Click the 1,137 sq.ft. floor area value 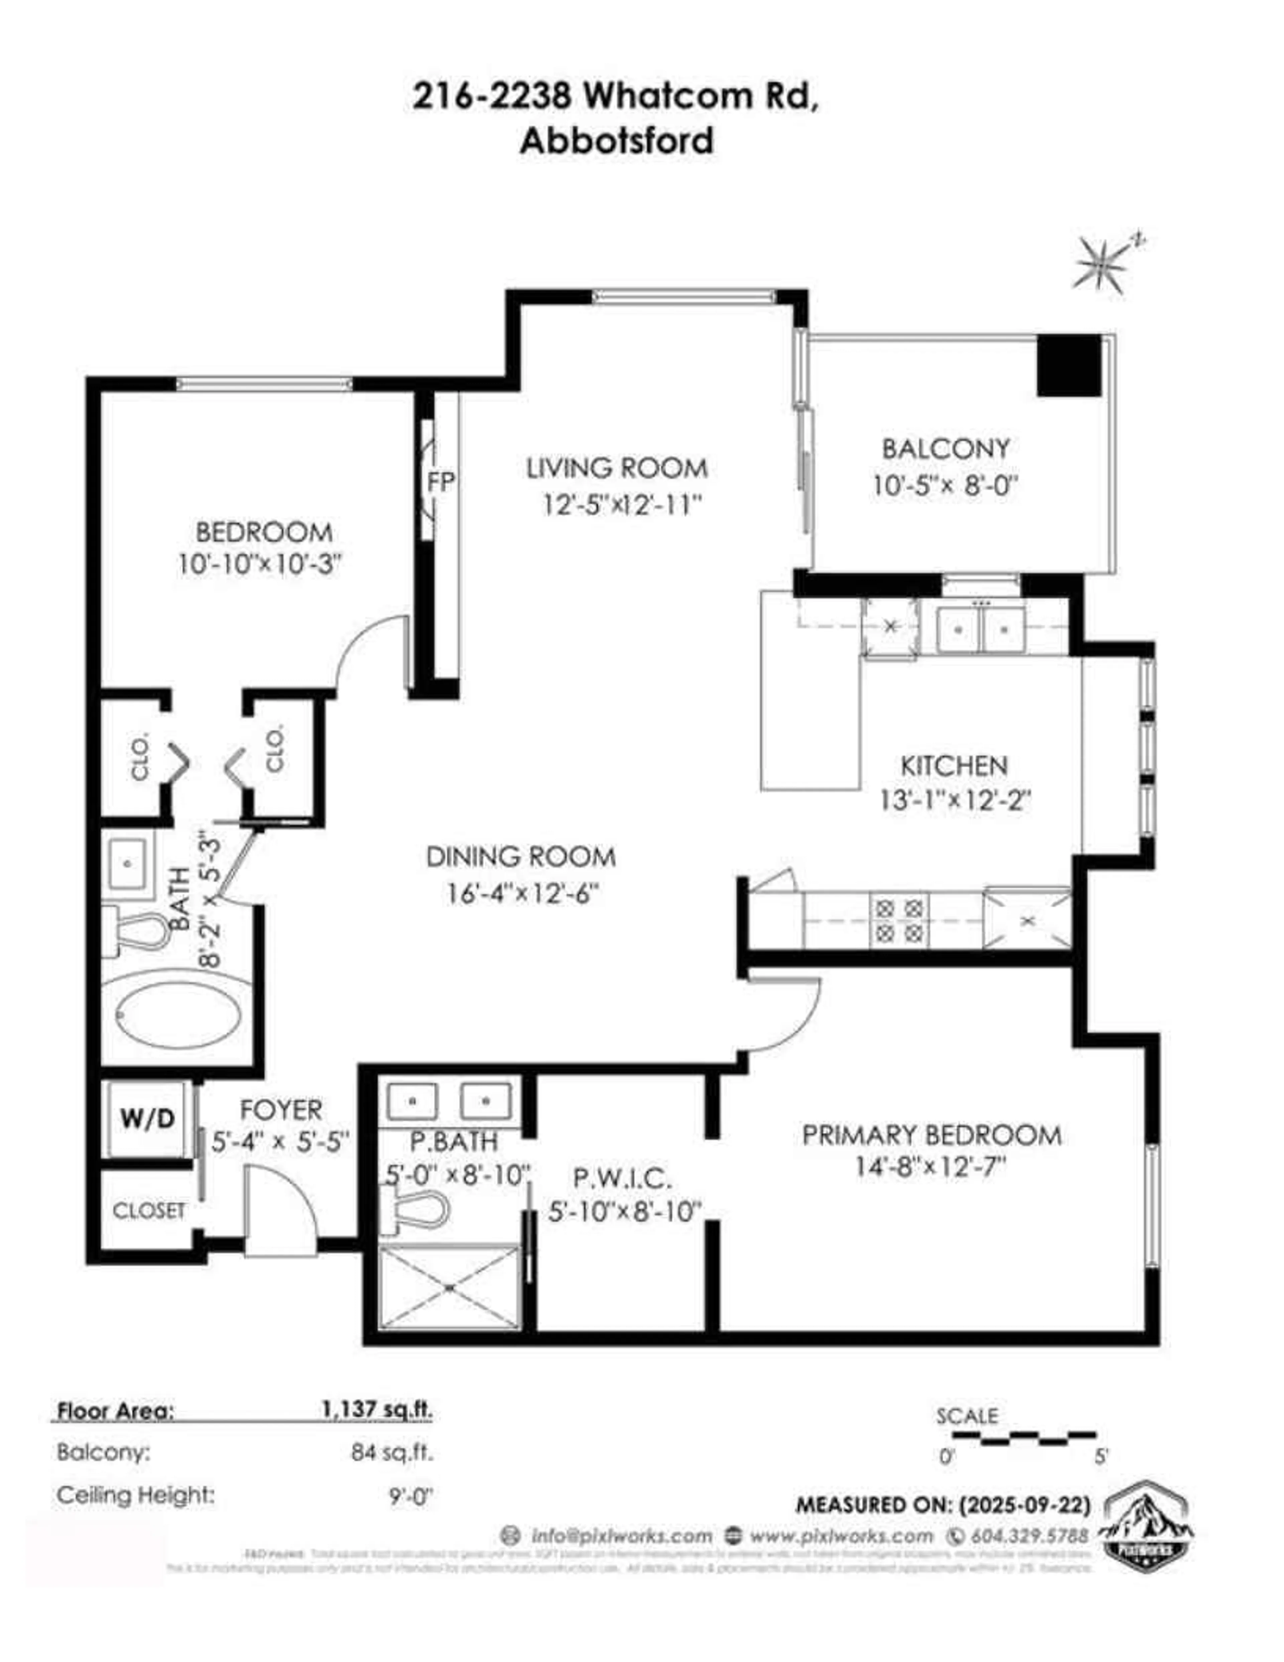377,1409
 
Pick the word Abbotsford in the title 616,141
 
